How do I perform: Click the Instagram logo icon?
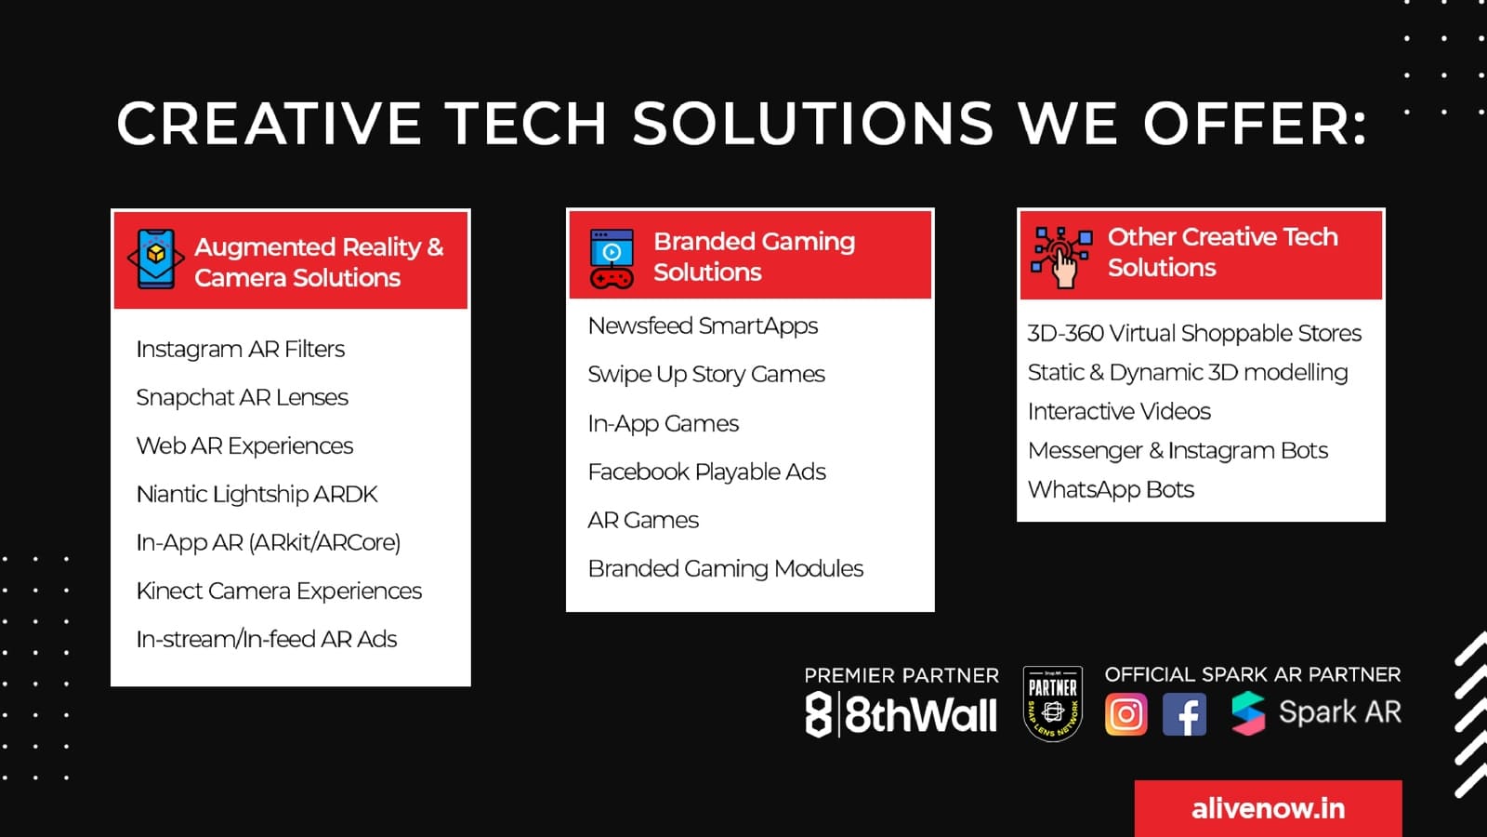tap(1125, 714)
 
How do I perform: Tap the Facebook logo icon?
tap(1184, 714)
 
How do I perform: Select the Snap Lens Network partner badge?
tap(1053, 703)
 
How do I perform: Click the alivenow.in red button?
tap(1268, 808)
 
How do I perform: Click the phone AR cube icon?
tap(156, 259)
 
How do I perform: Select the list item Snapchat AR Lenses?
tap(242, 397)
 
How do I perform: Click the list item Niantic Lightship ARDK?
tap(257, 494)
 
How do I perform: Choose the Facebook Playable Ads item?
tap(706, 472)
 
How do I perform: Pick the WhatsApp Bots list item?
tap(1111, 489)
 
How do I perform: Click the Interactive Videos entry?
tap(1119, 411)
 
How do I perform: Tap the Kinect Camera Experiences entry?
tap(279, 591)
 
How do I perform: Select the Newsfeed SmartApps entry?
tap(703, 326)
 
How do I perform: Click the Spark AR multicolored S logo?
tap(1248, 713)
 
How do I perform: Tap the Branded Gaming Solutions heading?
tap(754, 257)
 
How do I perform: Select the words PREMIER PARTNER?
tap(901, 675)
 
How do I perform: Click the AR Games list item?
tap(643, 520)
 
